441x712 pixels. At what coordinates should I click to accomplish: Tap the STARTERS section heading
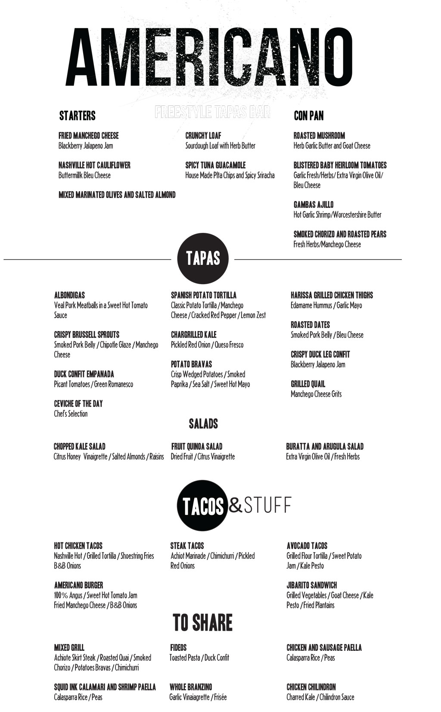pyautogui.click(x=78, y=115)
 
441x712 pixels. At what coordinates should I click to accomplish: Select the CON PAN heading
pyautogui.click(x=308, y=115)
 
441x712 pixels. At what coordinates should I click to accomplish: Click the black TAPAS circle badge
pyautogui.click(x=203, y=258)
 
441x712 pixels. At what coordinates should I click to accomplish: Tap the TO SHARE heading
pyautogui.click(x=202, y=622)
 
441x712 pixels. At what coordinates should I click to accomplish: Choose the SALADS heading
pyautogui.click(x=203, y=424)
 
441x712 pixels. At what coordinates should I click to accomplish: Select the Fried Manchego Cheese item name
pyautogui.click(x=89, y=136)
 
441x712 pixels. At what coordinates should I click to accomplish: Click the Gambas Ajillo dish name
pyautogui.click(x=314, y=204)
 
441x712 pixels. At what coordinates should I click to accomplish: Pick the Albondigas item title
pyautogui.click(x=70, y=295)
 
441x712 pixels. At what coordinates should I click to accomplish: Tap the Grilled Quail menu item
pyautogui.click(x=308, y=384)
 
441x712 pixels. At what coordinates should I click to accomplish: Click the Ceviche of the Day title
pyautogui.click(x=78, y=404)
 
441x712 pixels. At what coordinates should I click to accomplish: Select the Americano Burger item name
pyautogui.click(x=79, y=585)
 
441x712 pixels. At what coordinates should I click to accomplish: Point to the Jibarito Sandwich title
pyautogui.click(x=312, y=585)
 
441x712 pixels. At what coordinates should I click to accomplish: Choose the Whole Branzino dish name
pyautogui.click(x=191, y=687)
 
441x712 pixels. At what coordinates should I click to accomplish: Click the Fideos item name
pyautogui.click(x=178, y=647)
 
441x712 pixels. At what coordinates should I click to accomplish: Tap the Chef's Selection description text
pyautogui.click(x=71, y=414)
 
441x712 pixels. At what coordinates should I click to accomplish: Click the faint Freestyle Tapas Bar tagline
pyautogui.click(x=212, y=112)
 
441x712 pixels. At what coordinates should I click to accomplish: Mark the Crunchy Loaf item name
pyautogui.click(x=203, y=136)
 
